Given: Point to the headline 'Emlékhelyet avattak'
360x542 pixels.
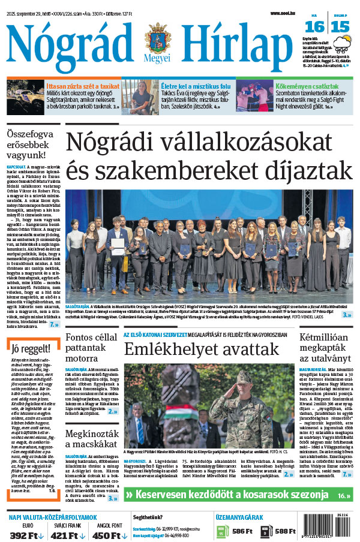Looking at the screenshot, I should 201,350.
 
